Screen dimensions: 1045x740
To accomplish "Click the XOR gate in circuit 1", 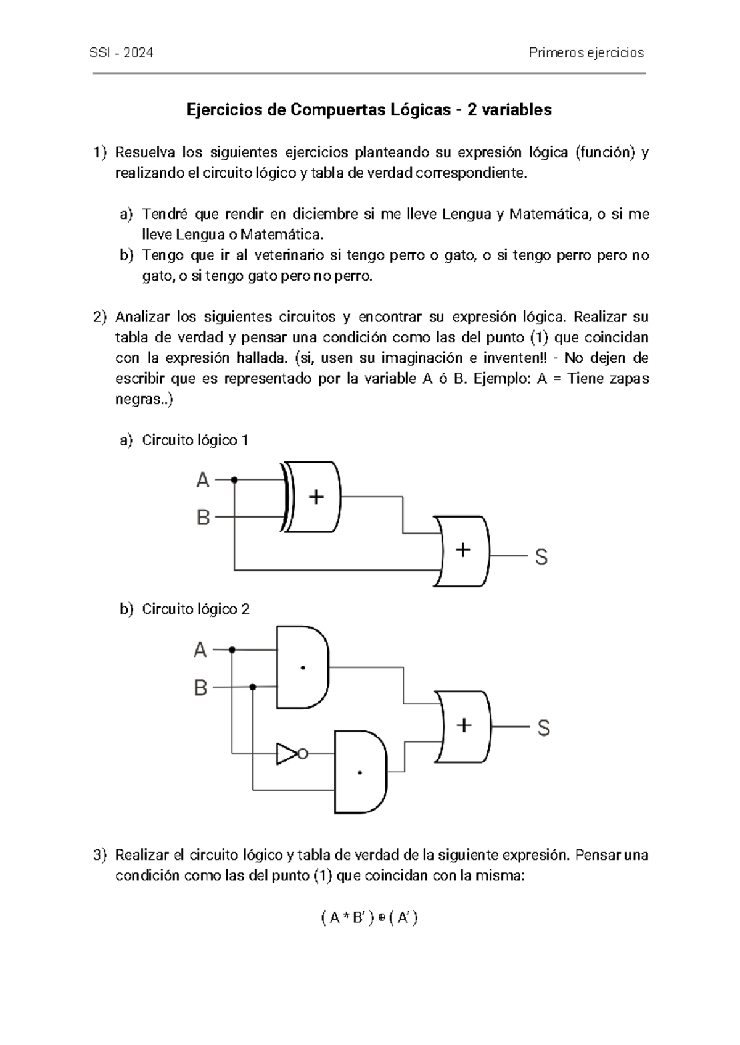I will pyautogui.click(x=313, y=497).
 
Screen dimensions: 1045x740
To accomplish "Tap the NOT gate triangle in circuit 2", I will pyautogui.click(x=287, y=753).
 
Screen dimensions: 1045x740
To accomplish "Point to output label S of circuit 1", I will pyautogui.click(x=541, y=558).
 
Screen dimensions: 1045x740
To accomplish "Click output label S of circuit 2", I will pyautogui.click(x=543, y=729).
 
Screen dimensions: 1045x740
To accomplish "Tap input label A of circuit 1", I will pyautogui.click(x=203, y=480).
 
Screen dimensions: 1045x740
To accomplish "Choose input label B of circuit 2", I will pyautogui.click(x=200, y=688).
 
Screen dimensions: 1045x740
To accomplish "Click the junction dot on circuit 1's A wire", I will pyautogui.click(x=234, y=479).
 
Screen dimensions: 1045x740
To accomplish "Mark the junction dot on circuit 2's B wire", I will pyautogui.click(x=253, y=687).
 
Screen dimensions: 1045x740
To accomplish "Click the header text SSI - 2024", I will pyautogui.click(x=122, y=53).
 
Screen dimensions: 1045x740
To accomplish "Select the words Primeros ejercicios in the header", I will pyautogui.click(x=586, y=53).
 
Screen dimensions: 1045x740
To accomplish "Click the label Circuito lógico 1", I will pyautogui.click(x=195, y=440).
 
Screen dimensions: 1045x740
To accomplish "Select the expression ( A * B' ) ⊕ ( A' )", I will pyautogui.click(x=370, y=919).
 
